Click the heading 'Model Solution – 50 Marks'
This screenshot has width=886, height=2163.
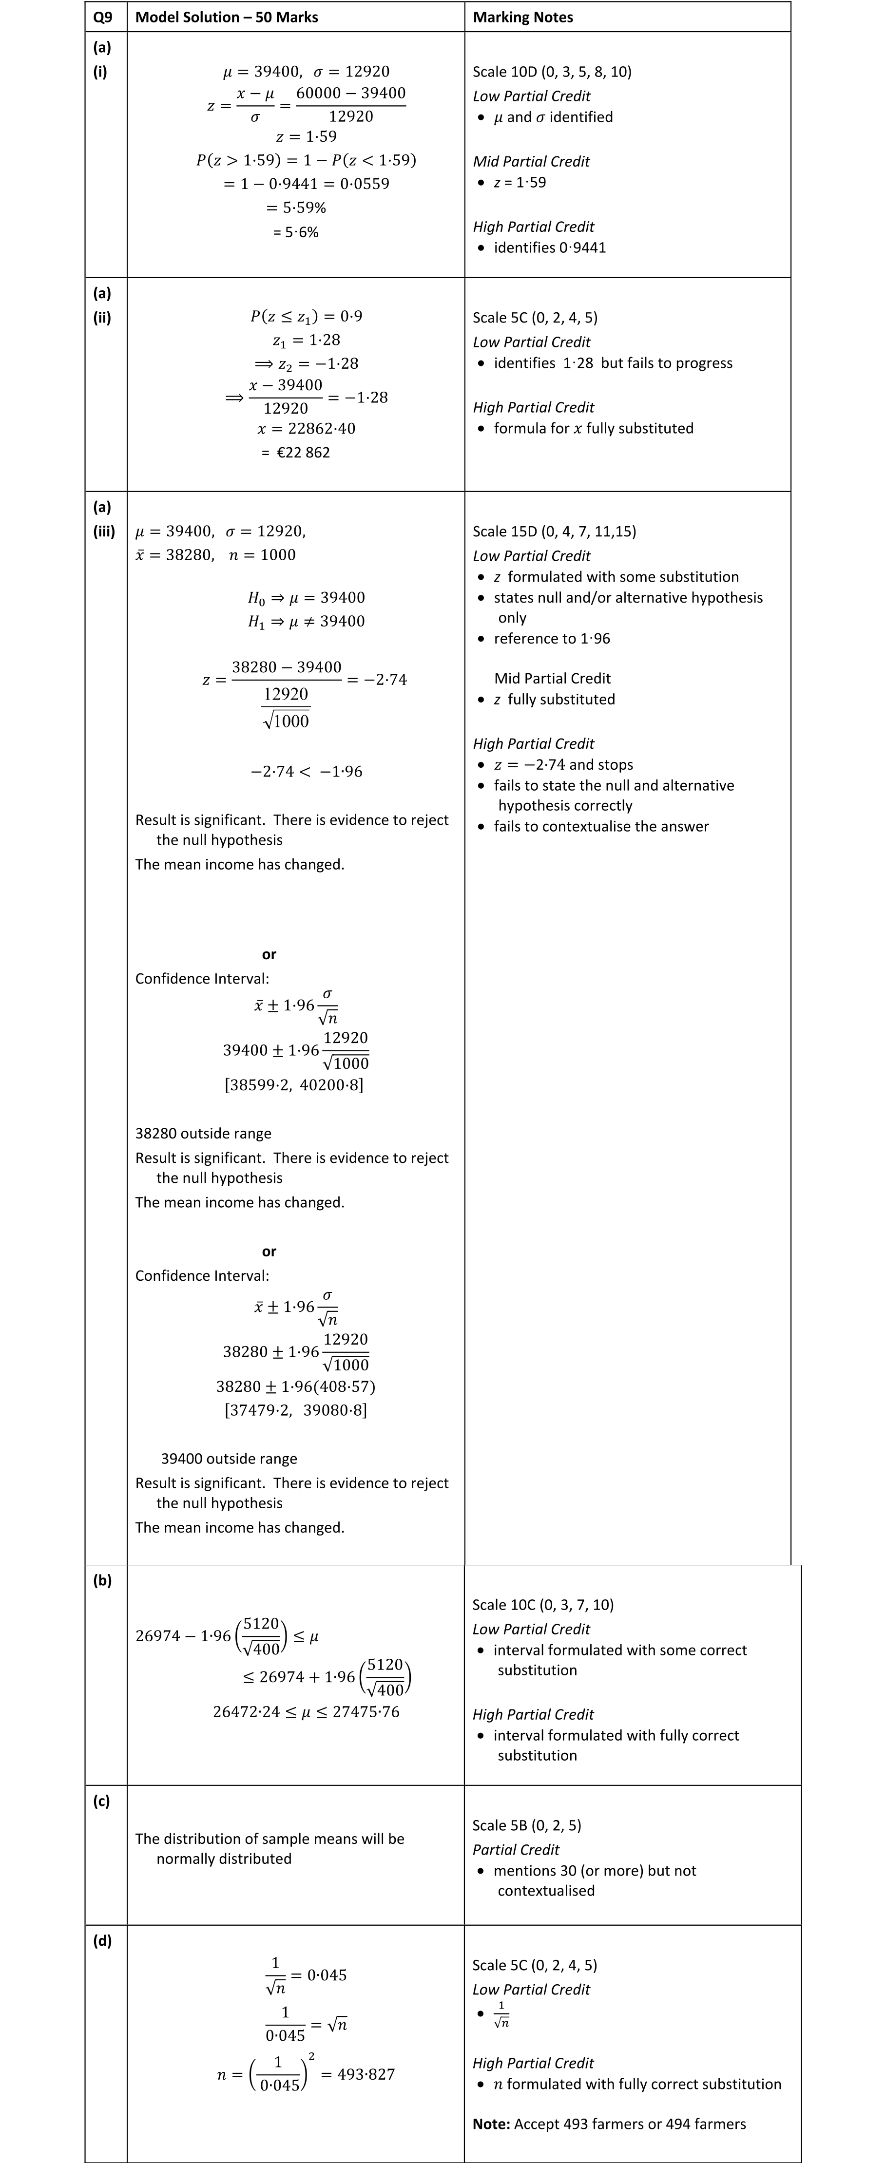click(x=226, y=17)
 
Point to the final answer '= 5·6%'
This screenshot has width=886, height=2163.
click(x=296, y=232)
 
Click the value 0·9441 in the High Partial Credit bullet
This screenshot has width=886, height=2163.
click(x=577, y=247)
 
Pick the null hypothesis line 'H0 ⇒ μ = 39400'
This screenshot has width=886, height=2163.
click(x=306, y=598)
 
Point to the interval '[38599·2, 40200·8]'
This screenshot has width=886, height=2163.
click(x=294, y=1085)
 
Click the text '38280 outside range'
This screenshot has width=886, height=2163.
click(x=203, y=1134)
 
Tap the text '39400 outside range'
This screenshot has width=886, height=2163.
click(x=229, y=1459)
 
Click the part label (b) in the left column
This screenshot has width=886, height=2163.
click(x=102, y=1580)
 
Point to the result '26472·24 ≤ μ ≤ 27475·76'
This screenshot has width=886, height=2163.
click(x=306, y=1712)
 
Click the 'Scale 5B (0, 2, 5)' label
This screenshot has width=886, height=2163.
click(x=526, y=1825)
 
